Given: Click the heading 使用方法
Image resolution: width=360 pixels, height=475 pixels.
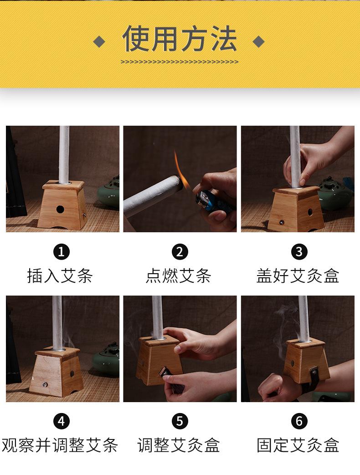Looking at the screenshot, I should tap(180, 39).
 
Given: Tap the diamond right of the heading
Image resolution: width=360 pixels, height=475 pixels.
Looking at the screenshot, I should tap(258, 42).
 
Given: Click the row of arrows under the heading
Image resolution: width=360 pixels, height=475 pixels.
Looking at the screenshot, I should tap(180, 61).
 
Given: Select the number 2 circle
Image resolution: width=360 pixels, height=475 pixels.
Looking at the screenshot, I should tap(180, 251).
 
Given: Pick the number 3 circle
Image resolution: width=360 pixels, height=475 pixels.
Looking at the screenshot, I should tap(299, 251).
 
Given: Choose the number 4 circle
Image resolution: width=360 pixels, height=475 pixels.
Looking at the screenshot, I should tap(62, 421).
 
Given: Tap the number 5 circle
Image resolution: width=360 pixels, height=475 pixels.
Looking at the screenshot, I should tap(180, 421).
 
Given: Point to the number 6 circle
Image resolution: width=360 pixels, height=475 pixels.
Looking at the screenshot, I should tap(299, 421).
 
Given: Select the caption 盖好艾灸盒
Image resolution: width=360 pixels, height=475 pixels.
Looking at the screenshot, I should tap(298, 276).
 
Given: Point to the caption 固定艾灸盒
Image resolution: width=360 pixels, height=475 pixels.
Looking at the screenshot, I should tap(298, 445).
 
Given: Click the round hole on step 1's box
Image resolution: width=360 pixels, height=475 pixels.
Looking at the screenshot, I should tap(60, 209).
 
